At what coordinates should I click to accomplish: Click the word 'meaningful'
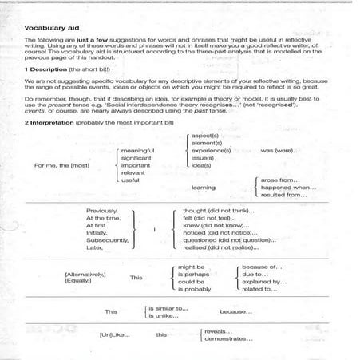(x=136, y=150)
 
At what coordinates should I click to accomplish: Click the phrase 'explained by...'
(x=263, y=282)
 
